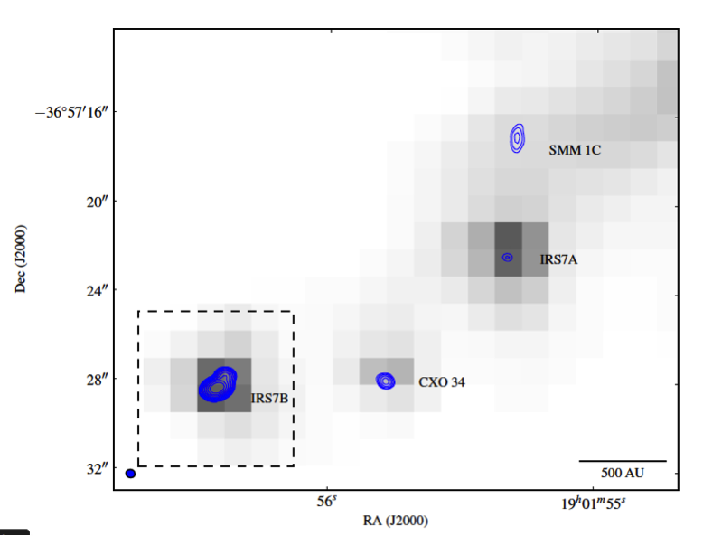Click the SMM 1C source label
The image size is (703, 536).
pos(574,150)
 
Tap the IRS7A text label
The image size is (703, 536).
pos(558,259)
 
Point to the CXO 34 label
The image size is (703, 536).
pos(441,382)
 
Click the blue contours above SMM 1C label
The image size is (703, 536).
pos(517,136)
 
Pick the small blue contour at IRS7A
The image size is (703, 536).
pos(508,258)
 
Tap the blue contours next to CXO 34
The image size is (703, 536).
pos(386,381)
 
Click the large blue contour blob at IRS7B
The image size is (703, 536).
pos(217,383)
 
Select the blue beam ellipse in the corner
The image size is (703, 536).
pos(130,474)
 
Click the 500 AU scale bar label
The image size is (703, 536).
pos(623,473)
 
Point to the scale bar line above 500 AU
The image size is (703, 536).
pos(623,461)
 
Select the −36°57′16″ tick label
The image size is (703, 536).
pos(70,112)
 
